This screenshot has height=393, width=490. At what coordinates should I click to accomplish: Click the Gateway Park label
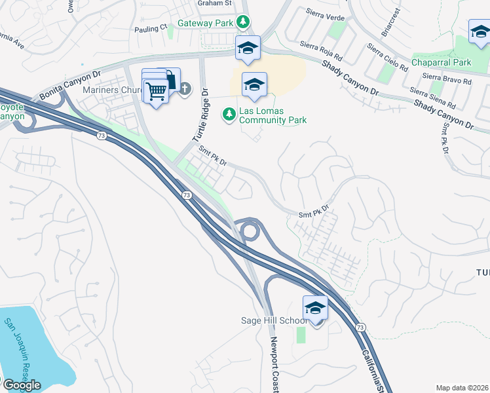click(206, 23)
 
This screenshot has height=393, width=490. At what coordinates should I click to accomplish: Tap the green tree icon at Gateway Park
click(243, 22)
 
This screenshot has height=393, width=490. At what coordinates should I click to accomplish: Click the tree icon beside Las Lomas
click(229, 115)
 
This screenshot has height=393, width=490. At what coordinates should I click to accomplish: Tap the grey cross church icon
click(185, 88)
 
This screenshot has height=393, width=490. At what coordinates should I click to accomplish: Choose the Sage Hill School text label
click(273, 320)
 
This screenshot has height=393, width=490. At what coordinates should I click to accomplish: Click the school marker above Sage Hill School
click(315, 308)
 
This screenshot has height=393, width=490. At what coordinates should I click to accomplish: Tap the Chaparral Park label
click(441, 62)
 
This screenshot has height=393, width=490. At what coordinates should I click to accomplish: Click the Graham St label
click(216, 3)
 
